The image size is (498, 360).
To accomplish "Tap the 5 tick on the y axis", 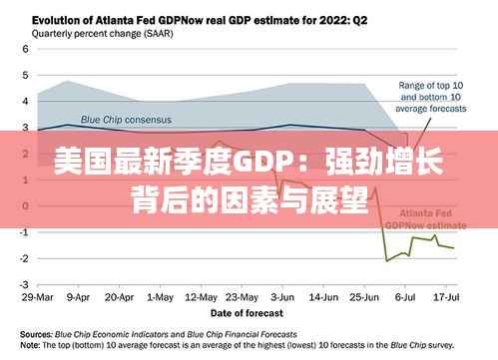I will pyautogui.click(x=24, y=75).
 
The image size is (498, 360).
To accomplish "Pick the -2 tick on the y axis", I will pyautogui.click(x=22, y=258).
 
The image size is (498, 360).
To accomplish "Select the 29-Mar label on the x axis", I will pyautogui.click(x=38, y=297).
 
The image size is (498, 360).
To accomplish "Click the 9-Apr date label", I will pyautogui.click(x=78, y=297).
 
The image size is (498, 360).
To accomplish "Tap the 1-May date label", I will pyautogui.click(x=160, y=297).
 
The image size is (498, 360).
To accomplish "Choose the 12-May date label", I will pyautogui.click(x=201, y=297).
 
